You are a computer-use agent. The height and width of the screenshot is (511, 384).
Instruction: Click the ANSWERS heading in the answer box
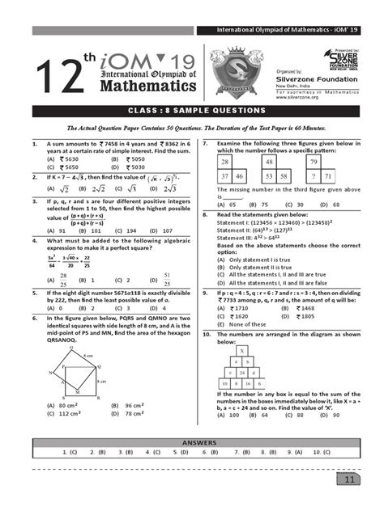pos(192,443)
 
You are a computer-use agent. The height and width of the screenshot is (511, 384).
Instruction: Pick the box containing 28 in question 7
pos(226,163)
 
